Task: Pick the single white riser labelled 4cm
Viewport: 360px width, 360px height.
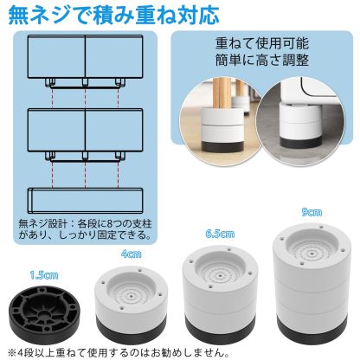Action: tap(131, 304)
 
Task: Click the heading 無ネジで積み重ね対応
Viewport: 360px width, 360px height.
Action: tap(107, 16)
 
